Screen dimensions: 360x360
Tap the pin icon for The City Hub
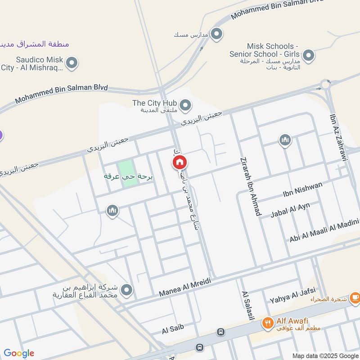[x=186, y=106]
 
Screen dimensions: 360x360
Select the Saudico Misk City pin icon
[x=71, y=63]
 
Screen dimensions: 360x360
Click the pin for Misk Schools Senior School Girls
[x=308, y=56]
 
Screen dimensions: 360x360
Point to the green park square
[x=128, y=173]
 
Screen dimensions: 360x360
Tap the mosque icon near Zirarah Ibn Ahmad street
[x=284, y=141]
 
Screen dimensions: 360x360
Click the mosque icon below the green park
[x=112, y=210]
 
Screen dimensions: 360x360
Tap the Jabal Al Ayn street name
[x=290, y=210]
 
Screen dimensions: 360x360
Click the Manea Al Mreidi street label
[x=185, y=287]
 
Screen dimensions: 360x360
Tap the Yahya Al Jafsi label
[x=292, y=295]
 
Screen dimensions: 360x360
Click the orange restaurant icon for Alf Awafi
[x=268, y=322]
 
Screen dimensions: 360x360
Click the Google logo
[x=19, y=353]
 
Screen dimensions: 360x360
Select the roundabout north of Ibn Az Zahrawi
[x=326, y=84]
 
